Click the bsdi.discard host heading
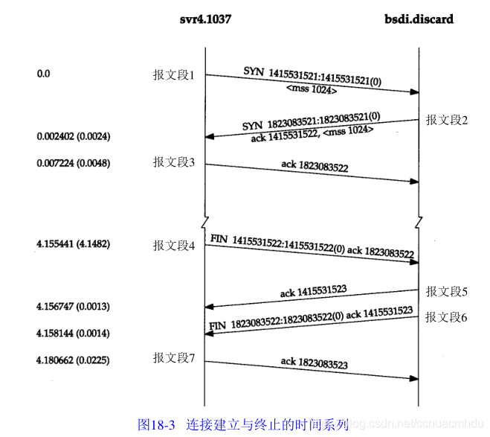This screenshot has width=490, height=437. pyautogui.click(x=419, y=19)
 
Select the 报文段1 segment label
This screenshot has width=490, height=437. pyautogui.click(x=174, y=74)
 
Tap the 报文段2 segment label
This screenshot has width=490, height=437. pyautogui.click(x=446, y=119)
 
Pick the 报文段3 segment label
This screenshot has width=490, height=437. pyautogui.click(x=174, y=162)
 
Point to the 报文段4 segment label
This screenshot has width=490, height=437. pyautogui.click(x=174, y=245)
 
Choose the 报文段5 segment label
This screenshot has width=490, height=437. pyautogui.click(x=446, y=291)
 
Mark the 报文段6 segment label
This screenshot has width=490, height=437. pyautogui.click(x=446, y=317)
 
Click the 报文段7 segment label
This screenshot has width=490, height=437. pyautogui.click(x=174, y=359)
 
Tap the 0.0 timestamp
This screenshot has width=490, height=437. pyautogui.click(x=43, y=74)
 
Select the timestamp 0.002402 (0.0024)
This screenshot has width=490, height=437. pyautogui.click(x=73, y=137)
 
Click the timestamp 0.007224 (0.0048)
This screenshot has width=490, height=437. pyautogui.click(x=73, y=162)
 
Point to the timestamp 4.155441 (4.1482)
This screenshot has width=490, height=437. pyautogui.click(x=73, y=243)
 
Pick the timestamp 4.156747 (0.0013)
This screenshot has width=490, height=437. pyautogui.click(x=73, y=306)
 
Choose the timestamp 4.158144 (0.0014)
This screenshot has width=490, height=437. pyautogui.click(x=73, y=333)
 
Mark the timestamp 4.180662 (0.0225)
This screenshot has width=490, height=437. pyautogui.click(x=73, y=360)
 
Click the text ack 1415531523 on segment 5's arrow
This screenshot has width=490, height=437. pyautogui.click(x=315, y=290)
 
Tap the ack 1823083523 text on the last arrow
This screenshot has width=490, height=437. pyautogui.click(x=315, y=363)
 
